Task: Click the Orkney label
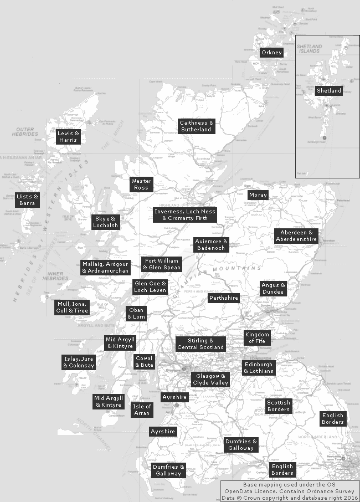272,53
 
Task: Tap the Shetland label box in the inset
329,90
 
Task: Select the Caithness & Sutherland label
196,126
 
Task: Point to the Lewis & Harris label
69,137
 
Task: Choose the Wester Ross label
141,185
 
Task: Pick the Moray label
258,195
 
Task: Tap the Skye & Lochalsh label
105,222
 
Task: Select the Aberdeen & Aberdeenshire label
296,235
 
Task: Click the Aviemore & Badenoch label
212,245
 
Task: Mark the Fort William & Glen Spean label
162,264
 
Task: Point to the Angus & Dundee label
274,289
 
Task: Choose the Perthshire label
224,298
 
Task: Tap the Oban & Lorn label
136,314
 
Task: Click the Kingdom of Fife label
257,337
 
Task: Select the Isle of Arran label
142,410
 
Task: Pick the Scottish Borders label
278,406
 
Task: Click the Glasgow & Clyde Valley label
210,380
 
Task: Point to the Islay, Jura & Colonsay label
79,362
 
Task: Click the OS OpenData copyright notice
290,490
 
